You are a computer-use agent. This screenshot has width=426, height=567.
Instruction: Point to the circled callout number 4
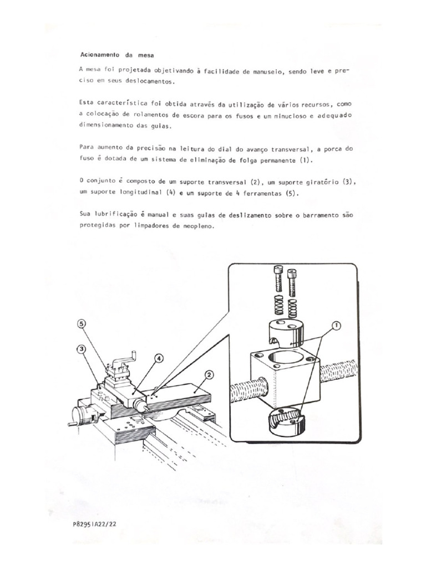click(159, 358)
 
